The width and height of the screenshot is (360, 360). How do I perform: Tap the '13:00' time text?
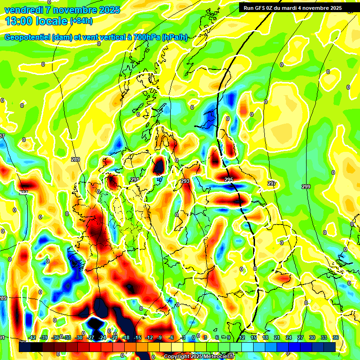[x=18, y=21]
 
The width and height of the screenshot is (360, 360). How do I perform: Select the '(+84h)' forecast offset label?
[x=82, y=21]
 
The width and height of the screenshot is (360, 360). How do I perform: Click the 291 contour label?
[x=135, y=180]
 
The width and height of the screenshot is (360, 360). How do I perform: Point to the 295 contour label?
[x=229, y=180]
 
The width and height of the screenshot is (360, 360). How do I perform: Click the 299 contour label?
[x=306, y=187]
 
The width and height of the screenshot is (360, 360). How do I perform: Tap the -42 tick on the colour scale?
[x=32, y=337]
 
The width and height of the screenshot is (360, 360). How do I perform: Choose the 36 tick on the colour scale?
[x=336, y=337]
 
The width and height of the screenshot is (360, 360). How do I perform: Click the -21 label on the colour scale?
[x=114, y=337]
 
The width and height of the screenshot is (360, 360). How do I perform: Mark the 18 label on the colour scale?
[x=265, y=337]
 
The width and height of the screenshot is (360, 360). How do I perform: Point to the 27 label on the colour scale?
[x=300, y=337]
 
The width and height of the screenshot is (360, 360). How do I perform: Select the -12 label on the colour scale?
[x=149, y=337]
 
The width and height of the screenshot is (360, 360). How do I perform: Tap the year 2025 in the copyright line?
[x=193, y=356]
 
